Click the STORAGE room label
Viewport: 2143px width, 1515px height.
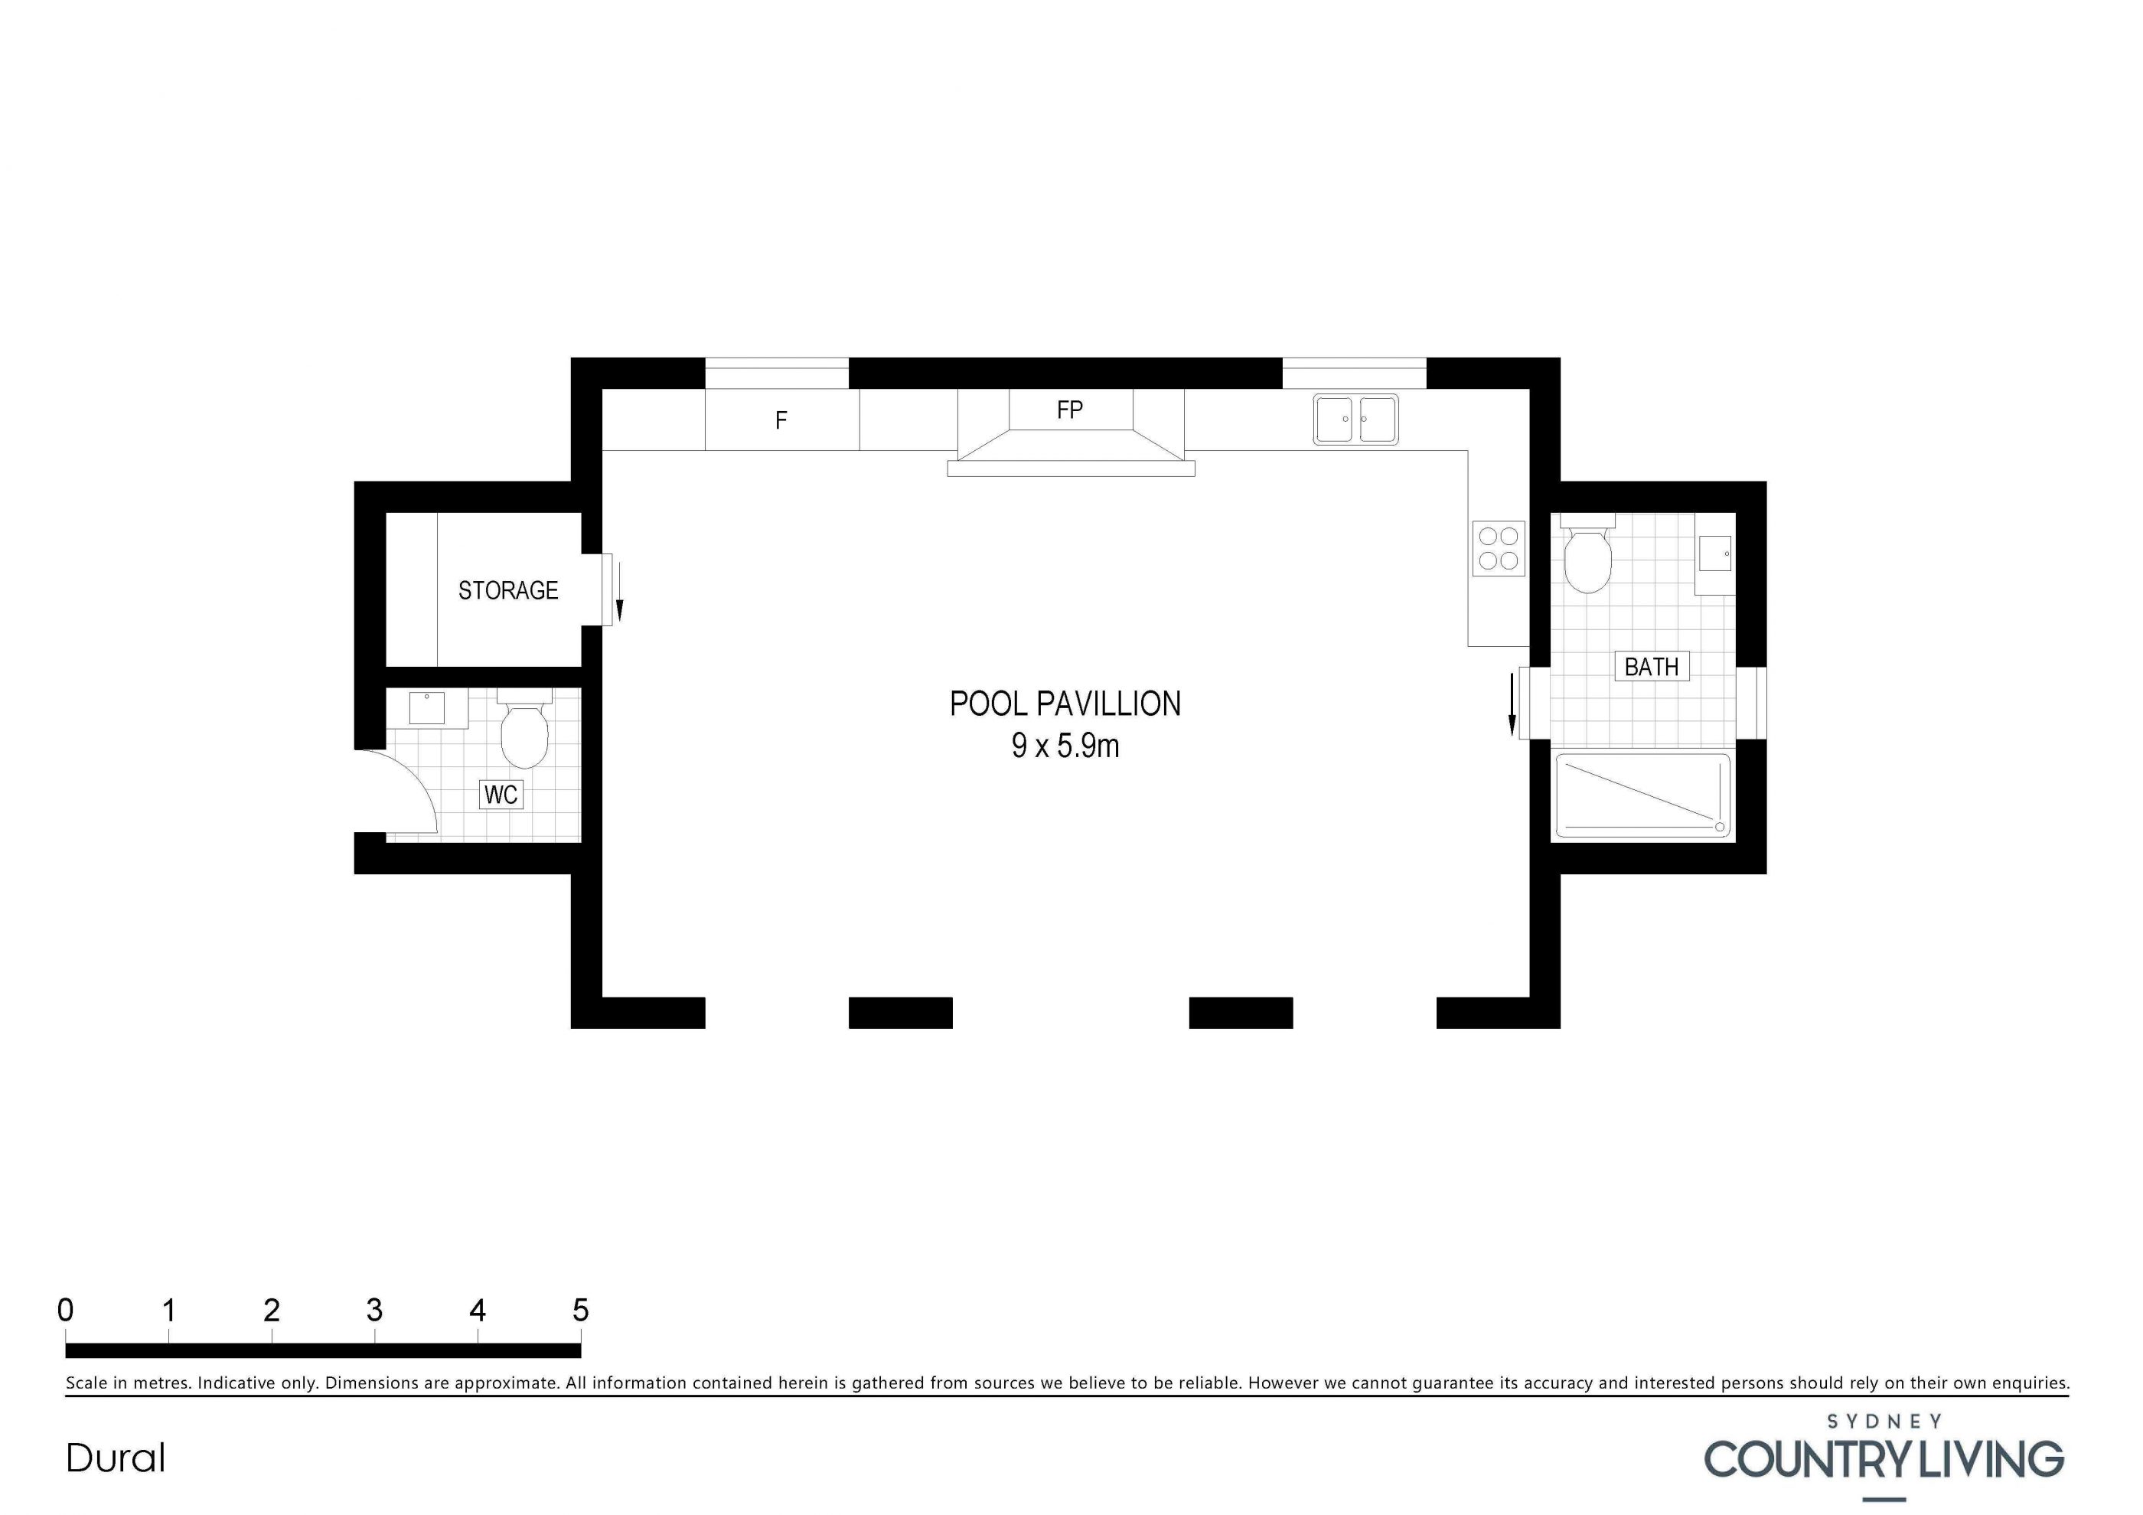507,590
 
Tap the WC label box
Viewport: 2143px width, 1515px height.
501,795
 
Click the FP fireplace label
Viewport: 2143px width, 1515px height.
1070,410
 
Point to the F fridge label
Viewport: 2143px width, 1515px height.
781,420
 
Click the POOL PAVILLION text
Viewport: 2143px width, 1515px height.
1065,704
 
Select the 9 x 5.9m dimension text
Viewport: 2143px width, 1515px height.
1065,746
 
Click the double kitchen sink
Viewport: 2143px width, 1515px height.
1355,419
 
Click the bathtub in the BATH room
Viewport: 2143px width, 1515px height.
1642,795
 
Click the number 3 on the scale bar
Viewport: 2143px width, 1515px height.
374,1311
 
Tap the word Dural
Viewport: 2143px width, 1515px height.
116,1458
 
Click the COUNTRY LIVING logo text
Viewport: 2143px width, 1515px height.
1884,1459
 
